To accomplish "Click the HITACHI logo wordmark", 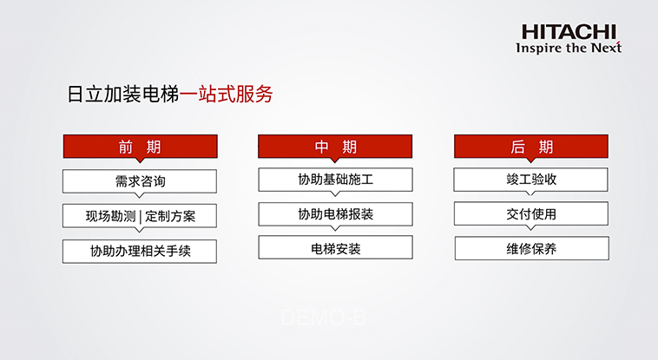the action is pyautogui.click(x=569, y=32).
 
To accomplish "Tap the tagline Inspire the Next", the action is pyautogui.click(x=569, y=48).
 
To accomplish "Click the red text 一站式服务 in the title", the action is pyautogui.click(x=227, y=94).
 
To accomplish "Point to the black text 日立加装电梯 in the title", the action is pyautogui.click(x=123, y=94).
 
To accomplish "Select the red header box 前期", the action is pyautogui.click(x=140, y=147).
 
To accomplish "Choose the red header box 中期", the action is pyautogui.click(x=335, y=147).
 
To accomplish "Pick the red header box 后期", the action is pyautogui.click(x=531, y=147).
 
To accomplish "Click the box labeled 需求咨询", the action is pyautogui.click(x=140, y=181).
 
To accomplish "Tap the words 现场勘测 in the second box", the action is pyautogui.click(x=110, y=216).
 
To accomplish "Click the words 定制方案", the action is pyautogui.click(x=170, y=216).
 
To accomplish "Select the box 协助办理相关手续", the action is pyautogui.click(x=140, y=252).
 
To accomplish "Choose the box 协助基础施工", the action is pyautogui.click(x=335, y=180).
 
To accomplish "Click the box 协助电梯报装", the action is pyautogui.click(x=335, y=214).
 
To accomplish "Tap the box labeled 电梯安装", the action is pyautogui.click(x=335, y=247).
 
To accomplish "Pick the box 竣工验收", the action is pyautogui.click(x=531, y=180).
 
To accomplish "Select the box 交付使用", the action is pyautogui.click(x=531, y=213).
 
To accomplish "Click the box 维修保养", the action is pyautogui.click(x=531, y=248).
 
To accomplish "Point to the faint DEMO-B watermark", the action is pyautogui.click(x=324, y=317).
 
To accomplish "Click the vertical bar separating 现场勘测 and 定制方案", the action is pyautogui.click(x=140, y=217).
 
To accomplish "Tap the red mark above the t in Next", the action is pyautogui.click(x=619, y=43).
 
